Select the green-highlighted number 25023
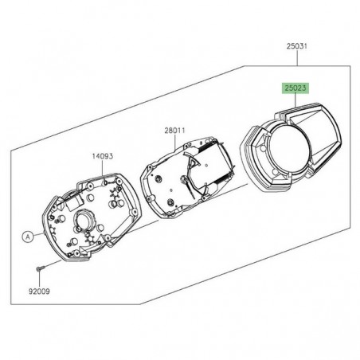coord(289,91)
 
